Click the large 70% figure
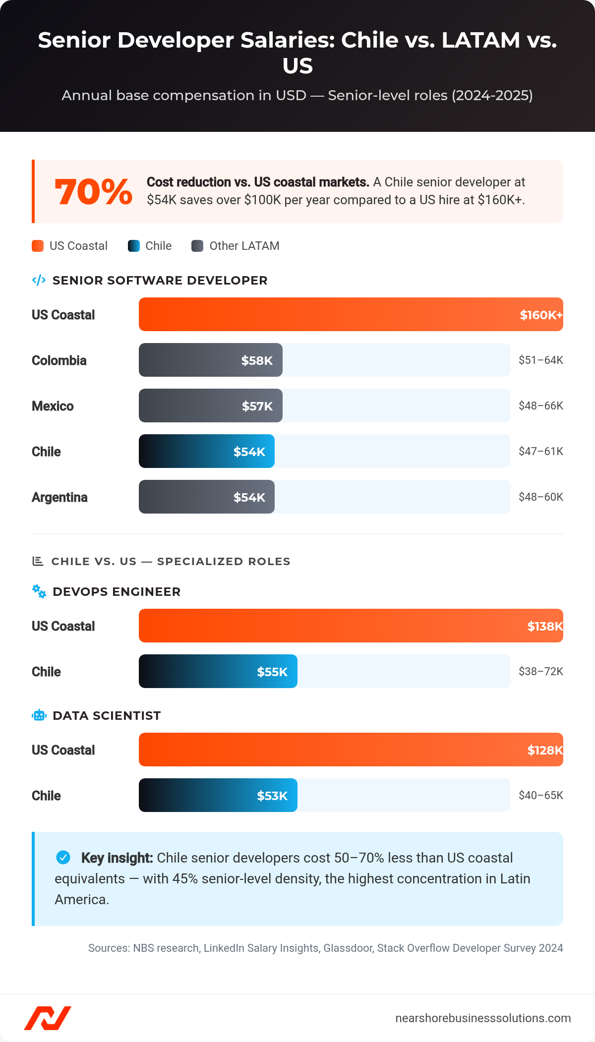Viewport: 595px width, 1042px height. click(93, 192)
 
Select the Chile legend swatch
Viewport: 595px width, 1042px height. click(134, 246)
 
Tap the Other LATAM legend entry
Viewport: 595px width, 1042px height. click(236, 246)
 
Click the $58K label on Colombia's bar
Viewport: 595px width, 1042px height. click(257, 360)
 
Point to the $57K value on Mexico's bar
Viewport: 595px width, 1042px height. click(257, 406)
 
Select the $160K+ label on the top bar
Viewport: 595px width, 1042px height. click(540, 315)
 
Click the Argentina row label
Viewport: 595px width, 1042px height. click(59, 497)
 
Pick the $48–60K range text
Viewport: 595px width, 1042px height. click(540, 497)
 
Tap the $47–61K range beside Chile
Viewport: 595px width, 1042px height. click(540, 451)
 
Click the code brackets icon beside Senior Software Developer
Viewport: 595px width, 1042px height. click(39, 281)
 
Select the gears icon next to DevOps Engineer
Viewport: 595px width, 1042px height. click(39, 591)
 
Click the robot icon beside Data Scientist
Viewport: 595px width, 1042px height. click(39, 715)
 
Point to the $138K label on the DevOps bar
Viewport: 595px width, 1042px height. click(544, 626)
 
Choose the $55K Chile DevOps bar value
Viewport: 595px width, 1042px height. click(272, 672)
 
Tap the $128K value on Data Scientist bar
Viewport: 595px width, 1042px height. click(544, 750)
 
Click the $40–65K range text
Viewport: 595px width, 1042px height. click(540, 795)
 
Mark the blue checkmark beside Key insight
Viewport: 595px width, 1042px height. click(63, 857)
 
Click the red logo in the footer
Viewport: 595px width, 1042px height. click(48, 1018)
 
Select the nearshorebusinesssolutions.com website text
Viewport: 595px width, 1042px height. click(483, 1018)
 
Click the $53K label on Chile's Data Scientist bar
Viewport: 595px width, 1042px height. click(272, 796)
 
